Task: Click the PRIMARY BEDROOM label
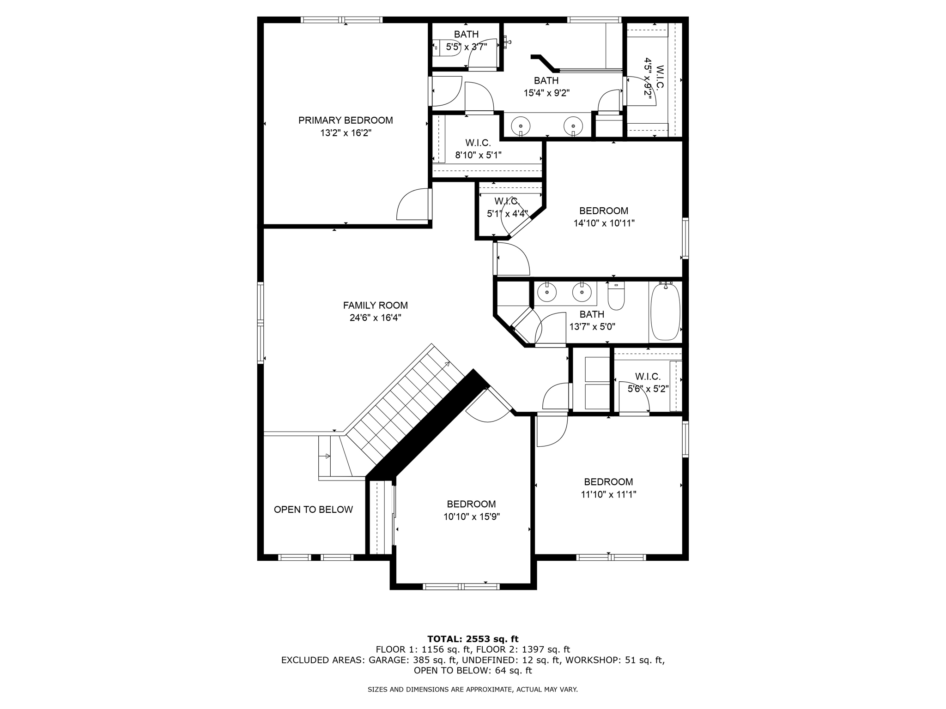(346, 120)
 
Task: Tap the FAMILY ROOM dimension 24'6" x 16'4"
(375, 318)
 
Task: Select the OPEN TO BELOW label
(313, 510)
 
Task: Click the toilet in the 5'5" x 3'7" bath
(447, 47)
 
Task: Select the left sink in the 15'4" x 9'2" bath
(521, 125)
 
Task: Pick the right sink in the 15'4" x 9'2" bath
(573, 125)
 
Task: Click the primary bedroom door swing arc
(412, 204)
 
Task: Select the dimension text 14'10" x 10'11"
(604, 223)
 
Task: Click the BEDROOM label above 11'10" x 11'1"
(608, 482)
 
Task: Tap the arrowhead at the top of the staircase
(447, 364)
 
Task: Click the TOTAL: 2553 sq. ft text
(473, 639)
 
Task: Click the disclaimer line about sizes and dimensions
(473, 690)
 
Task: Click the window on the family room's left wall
(261, 323)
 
